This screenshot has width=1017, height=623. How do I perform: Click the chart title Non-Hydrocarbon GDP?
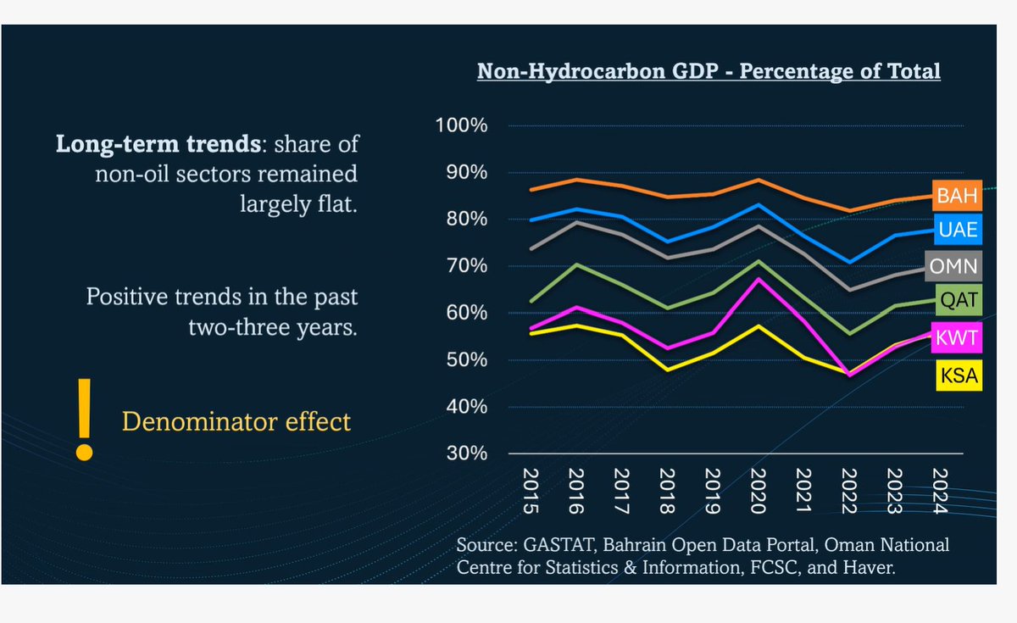[x=709, y=70]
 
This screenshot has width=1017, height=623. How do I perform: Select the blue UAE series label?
[x=957, y=229]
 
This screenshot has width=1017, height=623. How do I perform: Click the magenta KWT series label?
[x=957, y=338]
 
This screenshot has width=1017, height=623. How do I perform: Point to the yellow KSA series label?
[x=957, y=375]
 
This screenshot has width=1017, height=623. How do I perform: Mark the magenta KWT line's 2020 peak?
[x=757, y=279]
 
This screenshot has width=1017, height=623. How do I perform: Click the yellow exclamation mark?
[x=83, y=420]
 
